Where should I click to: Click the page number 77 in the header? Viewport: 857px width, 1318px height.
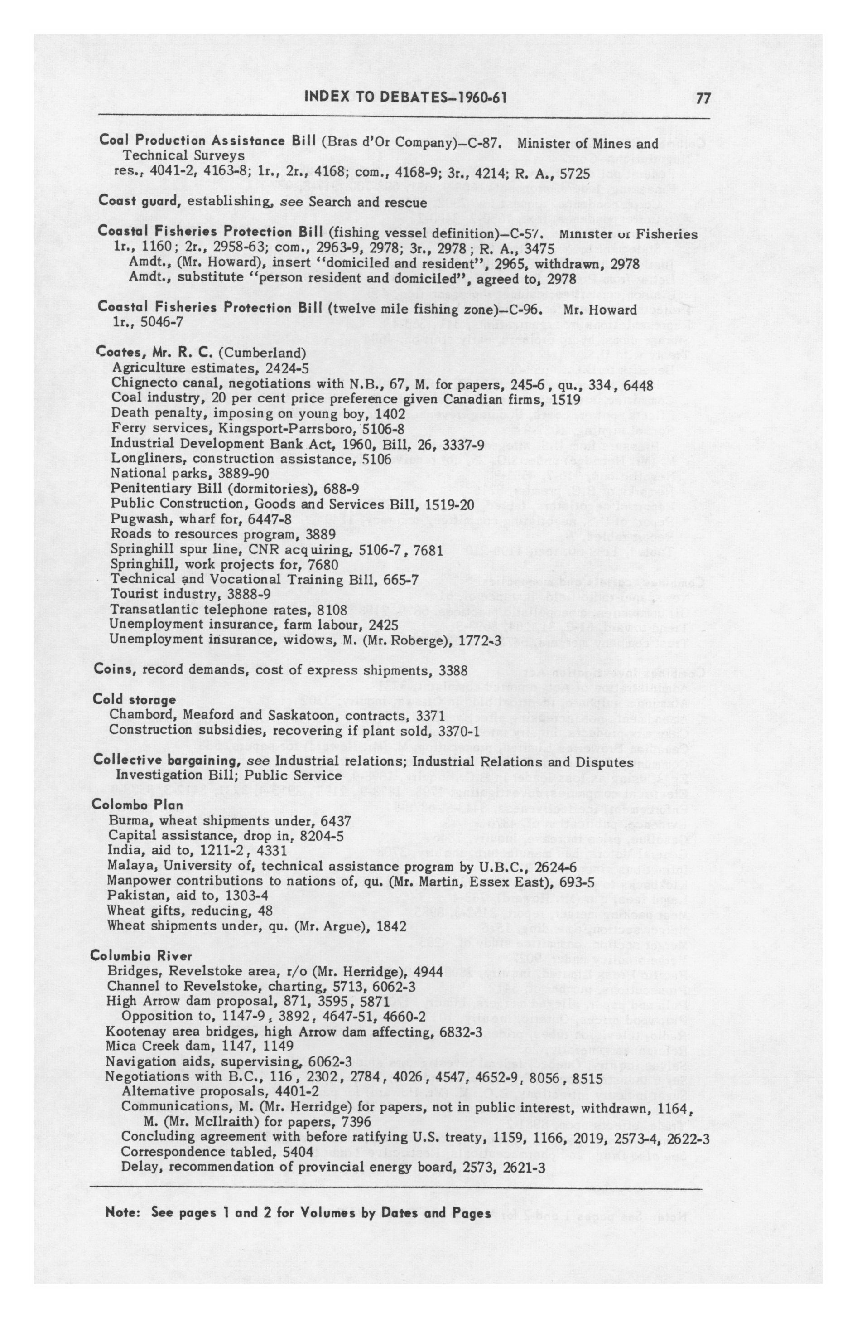point(703,98)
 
